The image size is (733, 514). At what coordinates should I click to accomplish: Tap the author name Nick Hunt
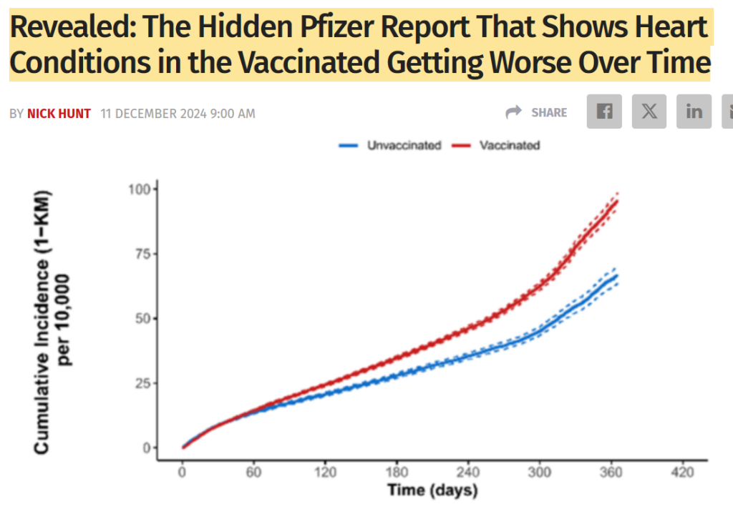click(x=59, y=113)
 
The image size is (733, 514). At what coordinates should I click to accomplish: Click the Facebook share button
click(x=604, y=112)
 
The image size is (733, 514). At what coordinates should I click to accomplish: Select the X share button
click(x=649, y=112)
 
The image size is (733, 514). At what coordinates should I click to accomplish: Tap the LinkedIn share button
click(x=694, y=112)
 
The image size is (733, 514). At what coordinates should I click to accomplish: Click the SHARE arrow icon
click(x=514, y=112)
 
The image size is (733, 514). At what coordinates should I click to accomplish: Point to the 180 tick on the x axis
click(x=397, y=473)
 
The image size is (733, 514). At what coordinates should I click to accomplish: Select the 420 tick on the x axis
click(x=683, y=473)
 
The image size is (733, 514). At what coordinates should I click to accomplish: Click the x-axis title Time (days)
click(x=432, y=491)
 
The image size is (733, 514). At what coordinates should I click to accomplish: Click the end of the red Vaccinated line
click(x=617, y=201)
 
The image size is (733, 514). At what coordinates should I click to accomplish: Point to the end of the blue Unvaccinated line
click(x=617, y=275)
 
